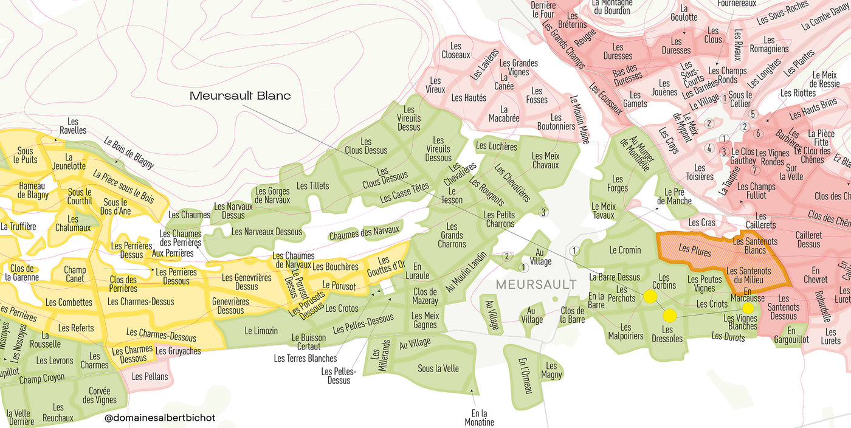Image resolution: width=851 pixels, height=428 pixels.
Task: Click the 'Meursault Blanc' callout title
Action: pos(240,95)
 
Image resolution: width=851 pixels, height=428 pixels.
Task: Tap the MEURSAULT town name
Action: pos(536,285)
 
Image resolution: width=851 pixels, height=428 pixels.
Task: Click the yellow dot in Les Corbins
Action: pos(650,297)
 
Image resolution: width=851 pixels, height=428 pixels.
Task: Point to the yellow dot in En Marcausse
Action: pos(748,308)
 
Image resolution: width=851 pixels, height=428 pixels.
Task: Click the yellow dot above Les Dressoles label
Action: pos(669,315)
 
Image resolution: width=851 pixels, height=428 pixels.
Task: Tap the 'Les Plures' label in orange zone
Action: pos(695,249)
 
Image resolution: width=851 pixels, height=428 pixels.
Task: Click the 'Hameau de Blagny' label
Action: pos(33,190)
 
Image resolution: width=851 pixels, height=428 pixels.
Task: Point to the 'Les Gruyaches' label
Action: pos(178,351)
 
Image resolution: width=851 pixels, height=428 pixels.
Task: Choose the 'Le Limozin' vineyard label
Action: pos(261,331)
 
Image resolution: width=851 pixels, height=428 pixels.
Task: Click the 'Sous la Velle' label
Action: pos(438,368)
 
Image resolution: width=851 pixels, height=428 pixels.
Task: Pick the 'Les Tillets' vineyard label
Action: pos(312,185)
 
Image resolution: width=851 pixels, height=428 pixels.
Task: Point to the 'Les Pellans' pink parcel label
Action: pos(150,376)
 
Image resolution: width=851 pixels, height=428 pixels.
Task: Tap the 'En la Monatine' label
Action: pos(480,418)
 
